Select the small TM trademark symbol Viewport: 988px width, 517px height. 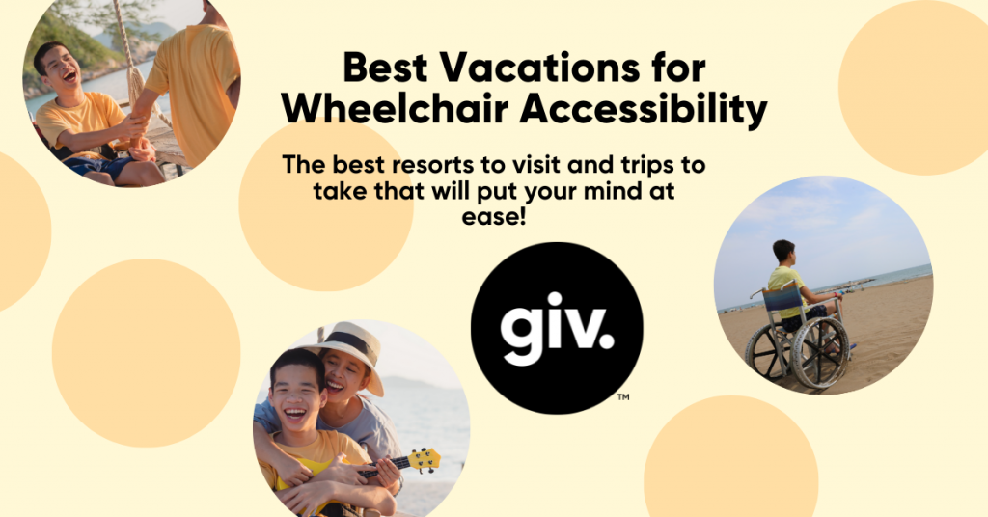coord(623,395)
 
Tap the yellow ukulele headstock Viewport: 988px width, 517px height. coord(425,460)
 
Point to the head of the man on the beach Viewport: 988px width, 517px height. coord(782,253)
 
